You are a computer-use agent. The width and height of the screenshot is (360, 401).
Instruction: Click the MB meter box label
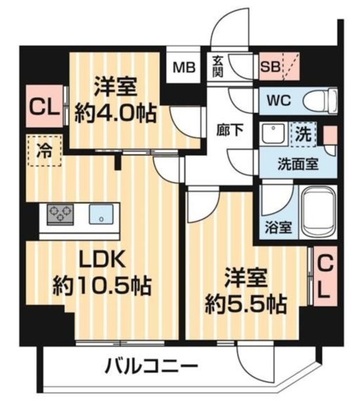[184, 65]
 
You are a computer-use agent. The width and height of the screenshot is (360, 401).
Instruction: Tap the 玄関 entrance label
[218, 65]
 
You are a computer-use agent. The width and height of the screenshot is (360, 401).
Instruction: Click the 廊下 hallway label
[226, 131]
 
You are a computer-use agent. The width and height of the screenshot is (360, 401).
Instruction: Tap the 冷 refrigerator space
[45, 150]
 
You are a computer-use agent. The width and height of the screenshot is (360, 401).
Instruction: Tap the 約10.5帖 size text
[100, 287]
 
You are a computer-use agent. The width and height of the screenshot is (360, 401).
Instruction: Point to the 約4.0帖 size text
[115, 113]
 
